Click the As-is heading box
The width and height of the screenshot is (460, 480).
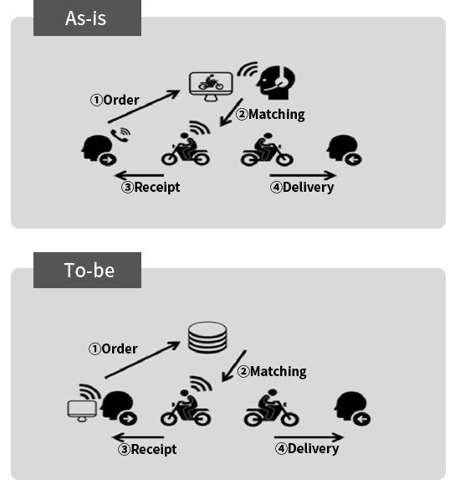pos(87,18)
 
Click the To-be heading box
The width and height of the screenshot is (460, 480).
pos(87,270)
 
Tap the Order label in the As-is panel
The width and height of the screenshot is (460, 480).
pos(115,100)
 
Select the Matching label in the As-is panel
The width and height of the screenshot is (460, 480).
pos(270,115)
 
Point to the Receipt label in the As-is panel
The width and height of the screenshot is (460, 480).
pos(151,187)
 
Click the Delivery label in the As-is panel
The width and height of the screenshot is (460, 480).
pos(302,188)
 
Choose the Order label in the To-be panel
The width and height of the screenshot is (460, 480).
pos(113,349)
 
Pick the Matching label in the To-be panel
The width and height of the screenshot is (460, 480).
pos(272,372)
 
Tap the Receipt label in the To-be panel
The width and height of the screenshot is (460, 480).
pos(147,449)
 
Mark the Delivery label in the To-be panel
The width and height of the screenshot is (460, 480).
pos(307,449)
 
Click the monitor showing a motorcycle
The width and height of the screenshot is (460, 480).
pos(211,86)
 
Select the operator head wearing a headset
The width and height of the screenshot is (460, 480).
pos(276,82)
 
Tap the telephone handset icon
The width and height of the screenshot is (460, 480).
pos(120,135)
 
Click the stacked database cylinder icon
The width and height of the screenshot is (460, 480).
pos(207,338)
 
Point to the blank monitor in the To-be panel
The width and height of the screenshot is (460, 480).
pos(82,410)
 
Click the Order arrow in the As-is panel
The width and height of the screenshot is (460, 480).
pos(144,106)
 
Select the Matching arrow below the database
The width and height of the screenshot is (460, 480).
pos(234,366)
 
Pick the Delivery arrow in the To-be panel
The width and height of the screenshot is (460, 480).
pos(309,437)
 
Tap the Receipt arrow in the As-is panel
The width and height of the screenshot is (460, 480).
pos(139,175)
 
